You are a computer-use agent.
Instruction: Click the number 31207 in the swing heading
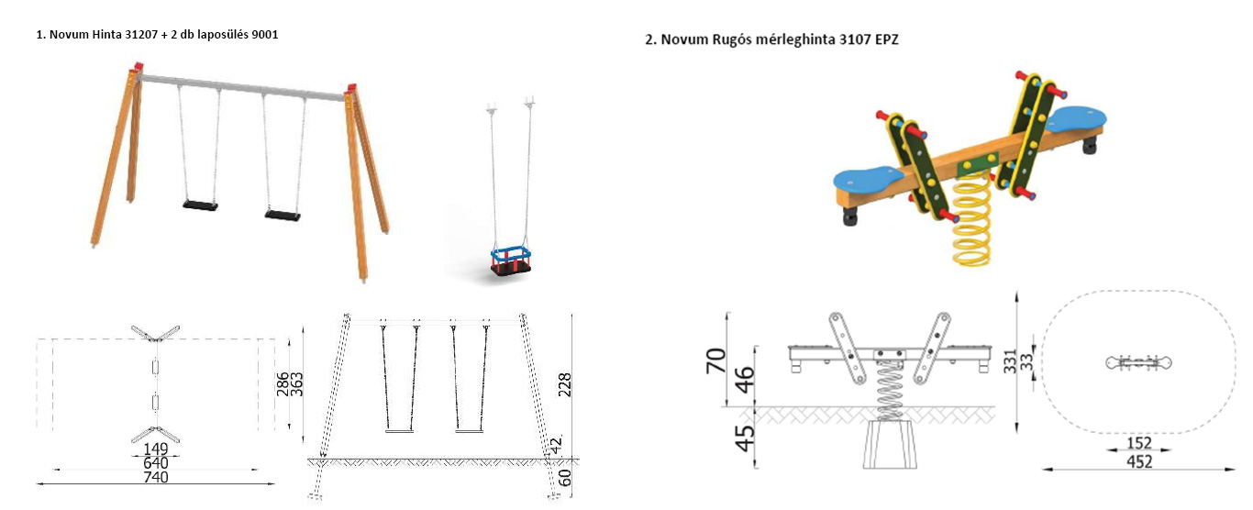tap(141, 35)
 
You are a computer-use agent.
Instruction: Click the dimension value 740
tap(156, 477)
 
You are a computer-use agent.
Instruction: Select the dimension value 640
tap(156, 463)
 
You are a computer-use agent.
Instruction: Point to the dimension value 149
tap(156, 449)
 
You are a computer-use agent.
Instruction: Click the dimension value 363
tap(297, 384)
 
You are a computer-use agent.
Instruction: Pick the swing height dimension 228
tap(565, 384)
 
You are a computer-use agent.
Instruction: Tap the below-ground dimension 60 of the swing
tap(565, 478)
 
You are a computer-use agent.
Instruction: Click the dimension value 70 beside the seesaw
tap(716, 360)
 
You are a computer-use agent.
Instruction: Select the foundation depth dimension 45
tap(745, 438)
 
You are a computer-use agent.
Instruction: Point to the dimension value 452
tap(1139, 462)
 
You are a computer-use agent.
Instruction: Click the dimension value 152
tap(1139, 443)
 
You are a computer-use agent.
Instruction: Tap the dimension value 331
tap(1010, 361)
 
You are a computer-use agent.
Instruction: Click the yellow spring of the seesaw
tap(971, 220)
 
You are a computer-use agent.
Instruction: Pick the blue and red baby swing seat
tap(511, 261)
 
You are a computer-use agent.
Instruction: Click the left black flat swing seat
tap(200, 205)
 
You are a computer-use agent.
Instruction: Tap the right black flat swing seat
tap(283, 215)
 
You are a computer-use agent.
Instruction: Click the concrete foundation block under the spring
tap(890, 445)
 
